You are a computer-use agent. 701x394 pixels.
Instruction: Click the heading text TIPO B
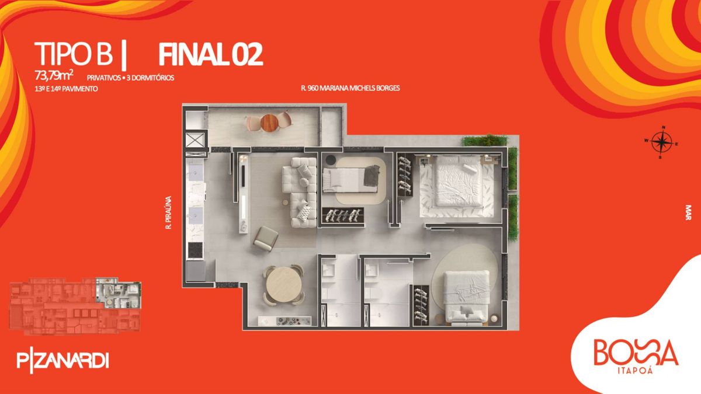tap(74, 54)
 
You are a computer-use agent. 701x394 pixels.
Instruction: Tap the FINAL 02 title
tap(210, 54)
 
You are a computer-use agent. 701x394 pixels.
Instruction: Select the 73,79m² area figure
tap(54, 75)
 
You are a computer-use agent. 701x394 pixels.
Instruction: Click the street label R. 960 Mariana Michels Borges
tap(350, 88)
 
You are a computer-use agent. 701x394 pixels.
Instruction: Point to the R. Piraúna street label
tap(169, 212)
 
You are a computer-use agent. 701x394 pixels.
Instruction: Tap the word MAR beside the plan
tap(688, 212)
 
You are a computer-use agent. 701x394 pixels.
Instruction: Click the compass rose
tap(661, 142)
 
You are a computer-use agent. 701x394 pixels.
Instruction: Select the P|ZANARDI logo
tap(63, 362)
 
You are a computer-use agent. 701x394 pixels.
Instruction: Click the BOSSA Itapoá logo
tap(636, 357)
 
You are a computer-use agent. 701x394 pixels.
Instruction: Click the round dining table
tap(284, 284)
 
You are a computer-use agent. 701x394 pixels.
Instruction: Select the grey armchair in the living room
tap(266, 238)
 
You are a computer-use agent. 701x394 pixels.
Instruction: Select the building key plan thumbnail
tap(75, 306)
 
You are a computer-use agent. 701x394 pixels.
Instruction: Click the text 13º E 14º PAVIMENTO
tap(67, 89)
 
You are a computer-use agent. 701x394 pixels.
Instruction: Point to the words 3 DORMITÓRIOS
tap(150, 78)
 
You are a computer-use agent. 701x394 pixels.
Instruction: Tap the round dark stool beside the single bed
tap(331, 160)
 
